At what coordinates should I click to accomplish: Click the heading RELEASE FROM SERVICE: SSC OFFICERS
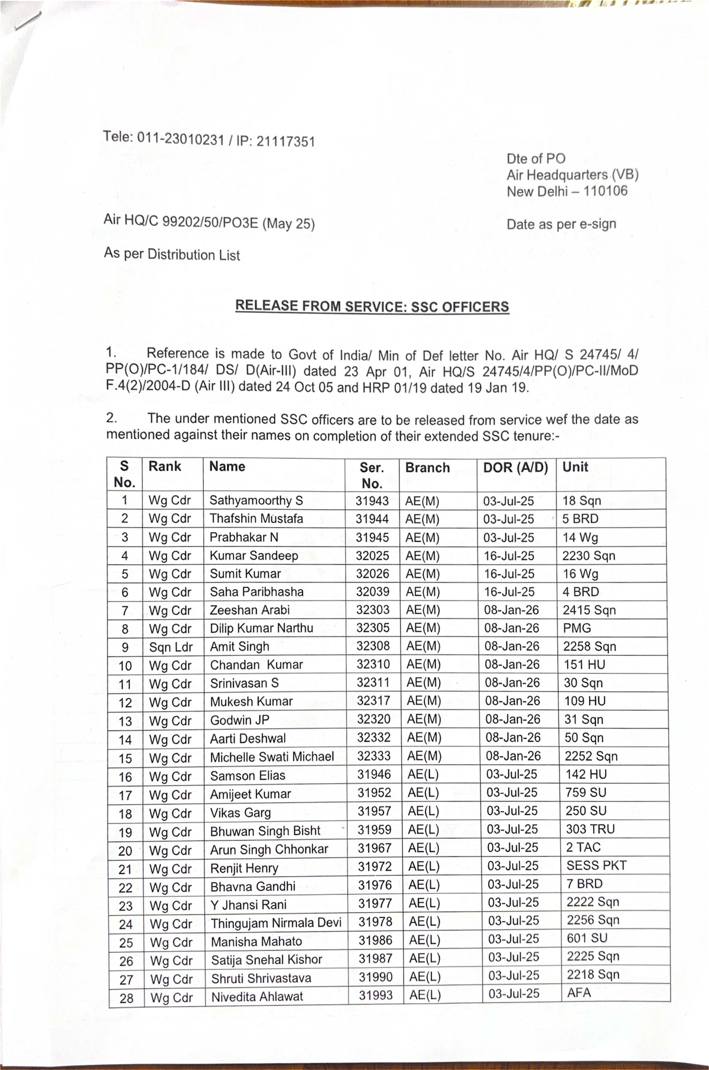pos(372,306)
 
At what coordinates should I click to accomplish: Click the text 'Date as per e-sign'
pos(561,224)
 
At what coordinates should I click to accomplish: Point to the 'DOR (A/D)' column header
pos(515,467)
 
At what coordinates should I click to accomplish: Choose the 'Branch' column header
pos(427,468)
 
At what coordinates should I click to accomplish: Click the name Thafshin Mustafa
pos(256,519)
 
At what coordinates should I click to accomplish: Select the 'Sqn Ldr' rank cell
pos(171,647)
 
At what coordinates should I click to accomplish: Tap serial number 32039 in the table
pos(373,591)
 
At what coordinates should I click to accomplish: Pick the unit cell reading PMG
pos(577,628)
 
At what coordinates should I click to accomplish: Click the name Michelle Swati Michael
pos(272,757)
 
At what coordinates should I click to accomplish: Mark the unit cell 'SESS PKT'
pos(596,865)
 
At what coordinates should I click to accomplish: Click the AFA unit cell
pos(579,993)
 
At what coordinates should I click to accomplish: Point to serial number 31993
pos(376,995)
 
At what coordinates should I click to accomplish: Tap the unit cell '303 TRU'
pos(590,829)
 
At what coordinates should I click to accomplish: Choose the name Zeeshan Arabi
pos(250,610)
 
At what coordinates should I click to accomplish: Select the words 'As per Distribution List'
pos(172,254)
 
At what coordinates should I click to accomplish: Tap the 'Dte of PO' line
pos(535,159)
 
